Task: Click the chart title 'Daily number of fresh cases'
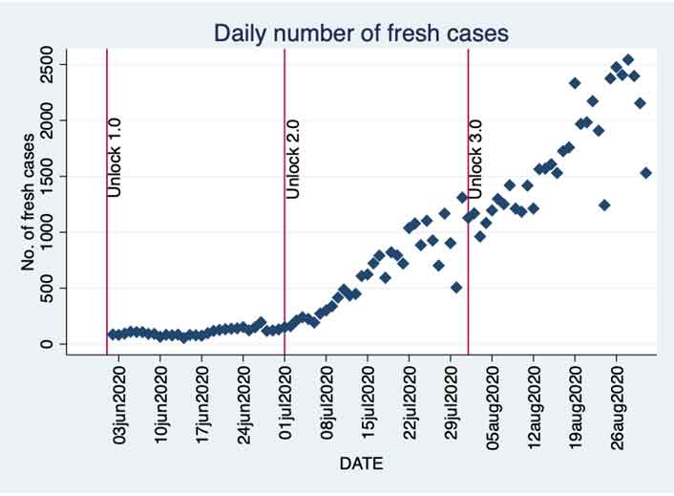(x=361, y=33)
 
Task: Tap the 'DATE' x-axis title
(x=361, y=464)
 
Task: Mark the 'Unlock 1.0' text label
(x=115, y=159)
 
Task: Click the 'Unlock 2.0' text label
(x=293, y=159)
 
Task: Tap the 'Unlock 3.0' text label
(x=475, y=159)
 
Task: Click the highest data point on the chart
(x=628, y=60)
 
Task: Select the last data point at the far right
(x=646, y=173)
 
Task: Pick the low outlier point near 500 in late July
(x=457, y=288)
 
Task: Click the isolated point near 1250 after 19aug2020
(x=604, y=205)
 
